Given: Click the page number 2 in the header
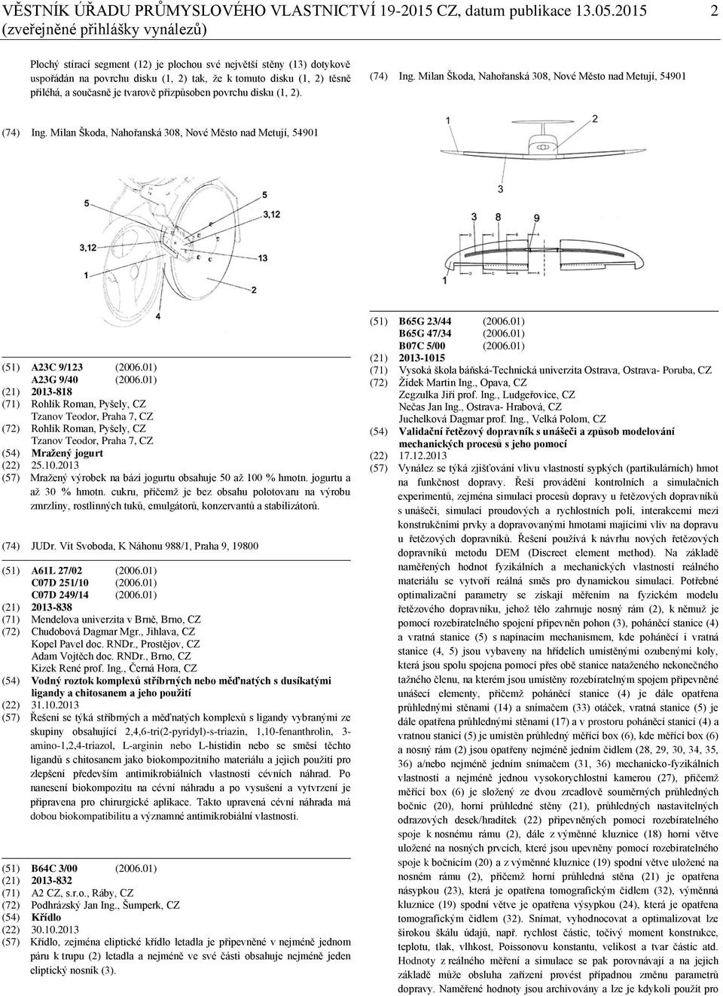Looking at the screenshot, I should tap(712, 14).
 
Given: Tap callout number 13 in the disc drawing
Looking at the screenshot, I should tap(262, 259).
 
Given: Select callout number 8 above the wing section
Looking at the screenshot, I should tap(498, 218).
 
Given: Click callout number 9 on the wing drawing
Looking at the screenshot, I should tap(535, 218).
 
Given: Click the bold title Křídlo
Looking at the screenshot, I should tap(46, 918).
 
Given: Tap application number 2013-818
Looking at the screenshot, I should tap(52, 391).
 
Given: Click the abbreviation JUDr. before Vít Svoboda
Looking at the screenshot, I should tap(43, 546).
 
